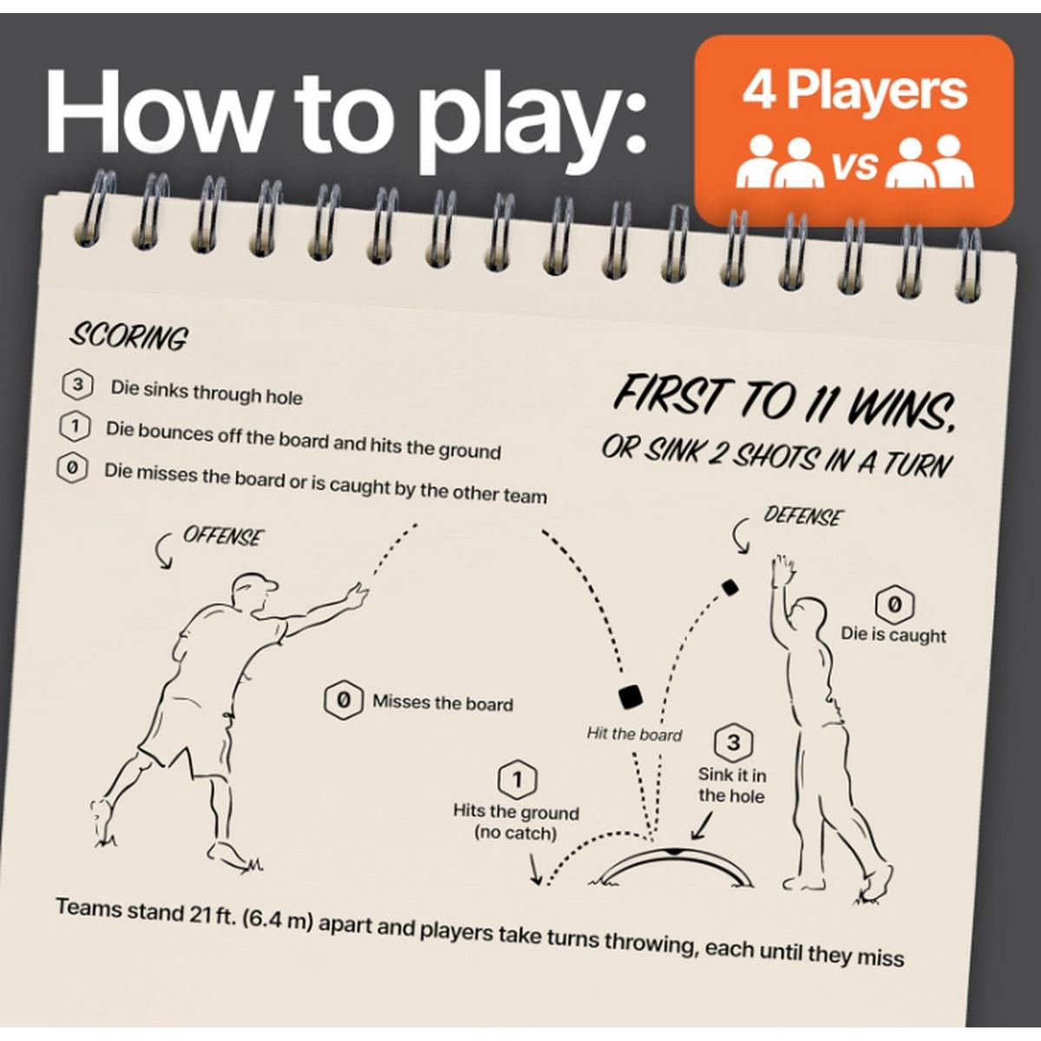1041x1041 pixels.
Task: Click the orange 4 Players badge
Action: (854, 130)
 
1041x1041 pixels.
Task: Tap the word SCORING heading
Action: (128, 338)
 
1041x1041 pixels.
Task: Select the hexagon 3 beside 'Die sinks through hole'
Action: (78, 385)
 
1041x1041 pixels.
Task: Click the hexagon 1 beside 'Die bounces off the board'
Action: (75, 427)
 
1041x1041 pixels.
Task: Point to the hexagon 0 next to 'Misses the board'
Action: (343, 701)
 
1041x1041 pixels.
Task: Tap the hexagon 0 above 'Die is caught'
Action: (894, 605)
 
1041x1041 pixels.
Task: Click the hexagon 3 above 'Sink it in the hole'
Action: (732, 743)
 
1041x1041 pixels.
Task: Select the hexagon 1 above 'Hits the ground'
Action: (517, 780)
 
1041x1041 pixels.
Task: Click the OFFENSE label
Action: (223, 536)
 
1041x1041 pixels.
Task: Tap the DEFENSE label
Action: (802, 516)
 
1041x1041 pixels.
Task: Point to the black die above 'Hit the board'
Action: (631, 696)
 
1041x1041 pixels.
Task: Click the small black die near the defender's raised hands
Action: (730, 588)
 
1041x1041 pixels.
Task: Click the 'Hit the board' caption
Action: (634, 734)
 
